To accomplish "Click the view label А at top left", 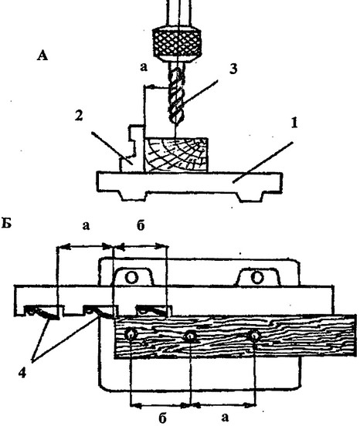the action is [42, 56].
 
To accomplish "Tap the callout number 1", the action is [294, 123].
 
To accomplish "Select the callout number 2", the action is [79, 116].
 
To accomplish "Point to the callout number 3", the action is [233, 69].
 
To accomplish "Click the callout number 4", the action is [22, 374].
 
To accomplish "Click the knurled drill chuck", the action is [177, 42].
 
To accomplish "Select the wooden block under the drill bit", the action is [176, 155].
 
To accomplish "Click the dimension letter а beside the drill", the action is [144, 66].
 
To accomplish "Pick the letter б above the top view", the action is [141, 225].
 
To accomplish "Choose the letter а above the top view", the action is [86, 225].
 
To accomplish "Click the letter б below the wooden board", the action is [162, 418].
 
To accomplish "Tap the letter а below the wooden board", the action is [225, 417].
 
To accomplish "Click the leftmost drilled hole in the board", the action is [131, 334].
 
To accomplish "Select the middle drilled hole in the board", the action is [191, 337].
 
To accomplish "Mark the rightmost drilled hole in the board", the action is [254, 336].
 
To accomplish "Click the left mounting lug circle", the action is [132, 278].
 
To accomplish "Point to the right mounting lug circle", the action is [257, 277].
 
